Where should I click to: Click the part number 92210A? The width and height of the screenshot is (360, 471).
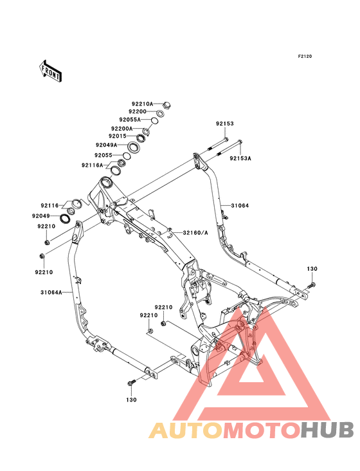click(x=143, y=104)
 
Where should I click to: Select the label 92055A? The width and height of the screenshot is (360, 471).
click(x=130, y=120)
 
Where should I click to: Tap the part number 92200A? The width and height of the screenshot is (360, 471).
click(x=122, y=129)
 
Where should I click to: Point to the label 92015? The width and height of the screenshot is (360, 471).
click(x=118, y=136)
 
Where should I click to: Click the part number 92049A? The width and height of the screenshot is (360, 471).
click(x=107, y=145)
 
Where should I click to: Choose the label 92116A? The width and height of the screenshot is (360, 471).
click(x=92, y=165)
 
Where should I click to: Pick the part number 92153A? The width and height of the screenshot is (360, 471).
click(x=240, y=158)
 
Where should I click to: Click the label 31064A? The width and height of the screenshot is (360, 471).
click(x=51, y=292)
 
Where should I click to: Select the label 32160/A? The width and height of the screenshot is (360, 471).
click(x=195, y=233)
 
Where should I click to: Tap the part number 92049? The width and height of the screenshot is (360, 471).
click(x=41, y=216)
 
